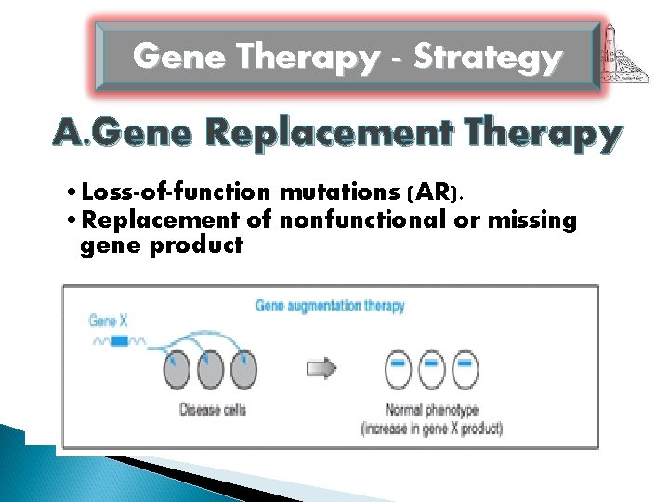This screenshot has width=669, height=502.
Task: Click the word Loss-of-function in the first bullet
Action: (x=177, y=192)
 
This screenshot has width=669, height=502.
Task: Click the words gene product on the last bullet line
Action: (x=162, y=246)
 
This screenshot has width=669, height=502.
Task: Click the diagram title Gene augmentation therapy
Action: (x=330, y=305)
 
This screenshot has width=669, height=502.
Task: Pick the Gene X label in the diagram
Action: (x=109, y=321)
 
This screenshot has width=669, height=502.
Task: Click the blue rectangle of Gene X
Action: (x=120, y=341)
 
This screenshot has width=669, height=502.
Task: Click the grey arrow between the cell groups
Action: (x=321, y=369)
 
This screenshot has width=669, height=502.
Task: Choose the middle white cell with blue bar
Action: (x=430, y=369)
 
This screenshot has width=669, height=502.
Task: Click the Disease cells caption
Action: (x=212, y=410)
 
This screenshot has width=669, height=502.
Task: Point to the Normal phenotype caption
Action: (x=431, y=410)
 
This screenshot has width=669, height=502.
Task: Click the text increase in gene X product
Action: (x=431, y=428)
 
